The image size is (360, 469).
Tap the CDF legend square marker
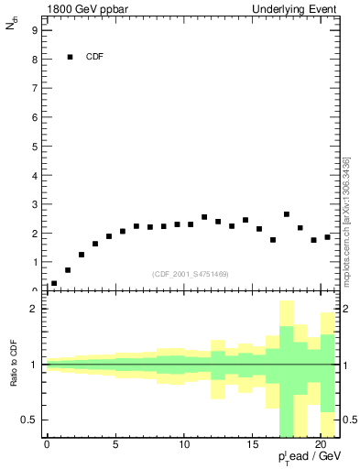pyautogui.click(x=70, y=57)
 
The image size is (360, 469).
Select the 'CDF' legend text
pyautogui.click(x=94, y=57)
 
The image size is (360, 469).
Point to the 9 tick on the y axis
pyautogui.click(x=34, y=30)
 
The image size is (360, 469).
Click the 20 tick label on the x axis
pyautogui.click(x=321, y=446)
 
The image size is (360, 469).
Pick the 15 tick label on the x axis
pyautogui.click(x=252, y=446)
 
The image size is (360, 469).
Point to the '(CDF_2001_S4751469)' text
pyautogui.click(x=190, y=274)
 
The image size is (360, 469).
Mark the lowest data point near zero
pyautogui.click(x=54, y=284)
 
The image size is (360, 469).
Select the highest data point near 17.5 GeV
pyautogui.click(x=287, y=214)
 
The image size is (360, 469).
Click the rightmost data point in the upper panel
pyautogui.click(x=327, y=237)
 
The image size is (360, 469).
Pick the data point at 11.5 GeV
pyautogui.click(x=204, y=217)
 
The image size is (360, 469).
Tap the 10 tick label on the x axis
pyautogui.click(x=183, y=446)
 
